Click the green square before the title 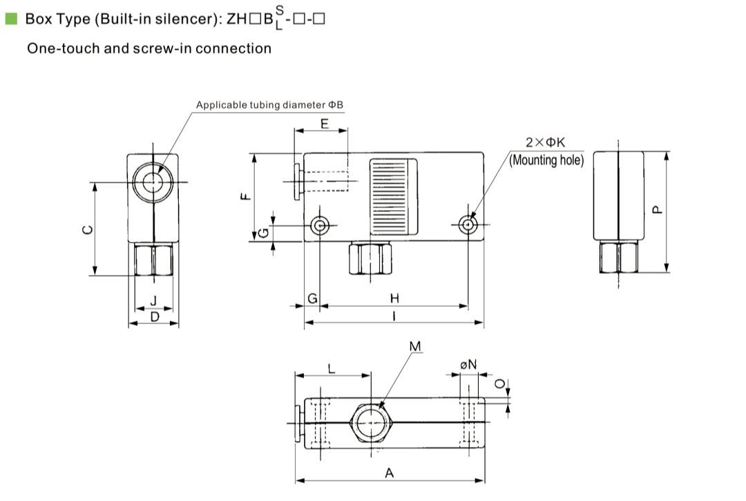(x=10, y=19)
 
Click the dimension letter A (x=390, y=473)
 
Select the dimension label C (x=86, y=230)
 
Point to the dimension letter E (x=324, y=124)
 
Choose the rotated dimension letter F (x=244, y=197)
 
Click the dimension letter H (x=394, y=299)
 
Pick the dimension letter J (x=153, y=300)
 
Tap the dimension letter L (x=332, y=369)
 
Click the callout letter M (x=414, y=346)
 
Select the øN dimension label (x=468, y=364)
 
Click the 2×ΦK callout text (x=545, y=142)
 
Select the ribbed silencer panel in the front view (x=394, y=196)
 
